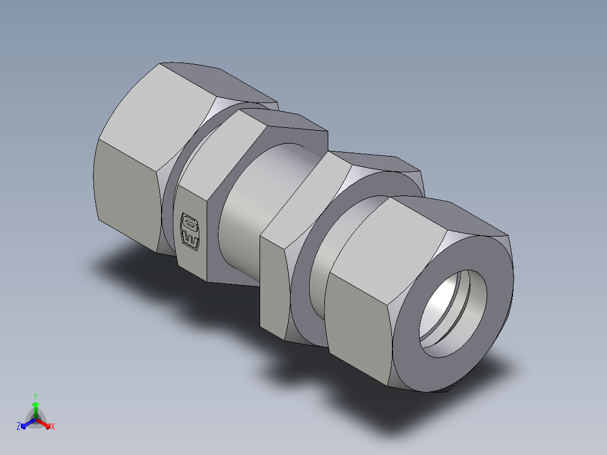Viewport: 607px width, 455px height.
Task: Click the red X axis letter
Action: click(x=53, y=427)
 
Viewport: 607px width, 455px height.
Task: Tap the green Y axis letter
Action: click(x=35, y=395)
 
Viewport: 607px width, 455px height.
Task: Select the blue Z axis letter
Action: click(x=19, y=427)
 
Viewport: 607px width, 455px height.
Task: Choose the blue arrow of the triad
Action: click(x=25, y=423)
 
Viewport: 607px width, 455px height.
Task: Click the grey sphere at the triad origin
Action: click(x=35, y=420)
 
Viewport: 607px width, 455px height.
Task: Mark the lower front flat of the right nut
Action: click(x=358, y=327)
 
